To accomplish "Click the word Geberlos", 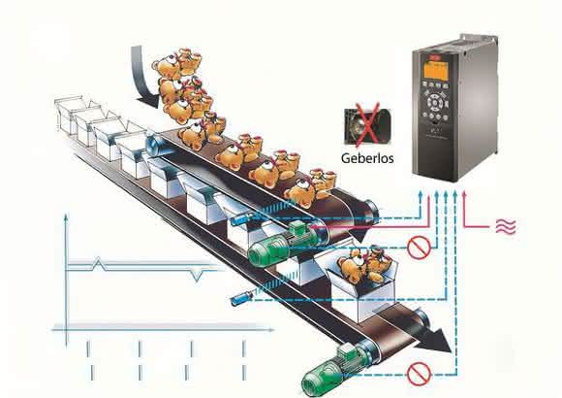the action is (x=367, y=158).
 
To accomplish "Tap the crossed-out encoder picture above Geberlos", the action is (x=367, y=127).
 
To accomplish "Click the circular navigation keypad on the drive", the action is (x=435, y=101).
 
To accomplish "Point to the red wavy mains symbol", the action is (x=506, y=226).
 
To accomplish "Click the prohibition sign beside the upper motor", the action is (x=419, y=248).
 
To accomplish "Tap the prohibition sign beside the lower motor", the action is (x=419, y=374).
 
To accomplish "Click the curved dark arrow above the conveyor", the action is (x=140, y=79).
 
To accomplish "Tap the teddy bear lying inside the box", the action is (x=362, y=265).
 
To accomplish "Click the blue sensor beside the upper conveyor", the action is (x=241, y=218).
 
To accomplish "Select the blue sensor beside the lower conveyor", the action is (x=241, y=299).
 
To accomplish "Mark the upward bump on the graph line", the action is (x=99, y=263).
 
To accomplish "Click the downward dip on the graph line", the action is (x=196, y=275).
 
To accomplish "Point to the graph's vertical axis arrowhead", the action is (x=65, y=217).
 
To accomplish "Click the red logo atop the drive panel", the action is (x=435, y=56).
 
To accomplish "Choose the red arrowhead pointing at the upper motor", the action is (x=312, y=227).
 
